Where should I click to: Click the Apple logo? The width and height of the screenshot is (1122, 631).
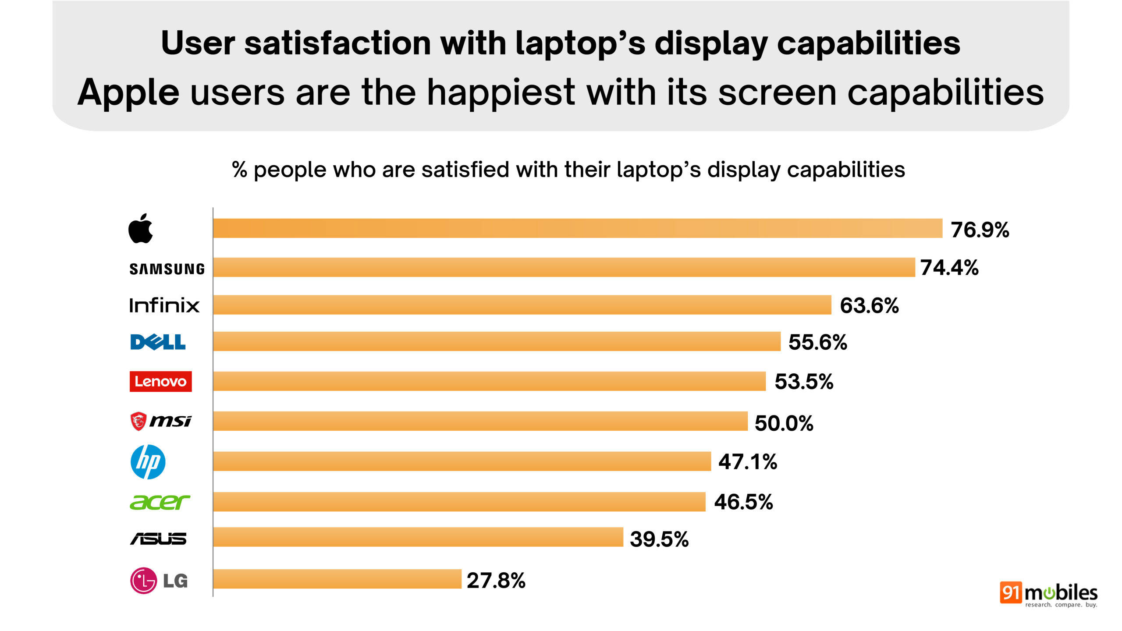[x=140, y=229]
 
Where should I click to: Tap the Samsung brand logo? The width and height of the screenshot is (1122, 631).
[x=167, y=269]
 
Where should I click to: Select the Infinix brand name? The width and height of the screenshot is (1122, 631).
[x=164, y=305]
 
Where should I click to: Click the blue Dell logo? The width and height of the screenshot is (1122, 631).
[x=158, y=342]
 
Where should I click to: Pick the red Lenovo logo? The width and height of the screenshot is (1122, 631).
[x=160, y=381]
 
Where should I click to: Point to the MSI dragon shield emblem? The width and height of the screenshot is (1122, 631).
[x=138, y=421]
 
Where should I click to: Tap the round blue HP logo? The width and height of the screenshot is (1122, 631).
[x=148, y=462]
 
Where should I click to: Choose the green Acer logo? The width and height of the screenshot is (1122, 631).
[x=160, y=502]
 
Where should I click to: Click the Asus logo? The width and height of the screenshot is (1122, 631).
[x=158, y=539]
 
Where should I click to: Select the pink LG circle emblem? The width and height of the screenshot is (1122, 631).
[x=143, y=581]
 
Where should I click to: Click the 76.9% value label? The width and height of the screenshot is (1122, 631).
[x=980, y=230]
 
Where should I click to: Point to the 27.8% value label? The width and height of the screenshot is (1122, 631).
[x=496, y=581]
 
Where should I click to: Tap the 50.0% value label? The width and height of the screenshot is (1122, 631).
[x=784, y=423]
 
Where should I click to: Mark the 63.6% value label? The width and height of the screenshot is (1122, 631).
[x=869, y=305]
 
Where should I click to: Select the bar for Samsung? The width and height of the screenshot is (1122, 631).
[x=564, y=267]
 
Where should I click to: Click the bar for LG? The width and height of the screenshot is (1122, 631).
[x=337, y=579]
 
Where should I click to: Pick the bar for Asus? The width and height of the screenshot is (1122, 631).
[x=418, y=537]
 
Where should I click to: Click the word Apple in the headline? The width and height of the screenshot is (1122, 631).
[x=128, y=93]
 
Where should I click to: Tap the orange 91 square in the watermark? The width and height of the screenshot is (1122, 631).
[x=1011, y=592]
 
